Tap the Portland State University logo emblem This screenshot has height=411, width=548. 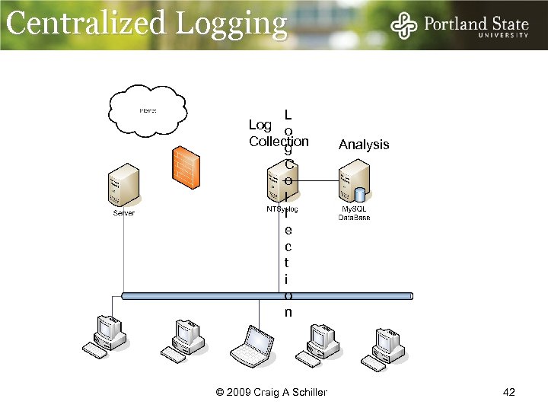pos(403,27)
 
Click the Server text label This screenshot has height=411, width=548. pos(123,214)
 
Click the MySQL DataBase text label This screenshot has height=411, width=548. pos(354,213)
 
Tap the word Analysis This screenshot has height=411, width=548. pos(364,145)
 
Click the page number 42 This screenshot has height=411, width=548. pos(509,392)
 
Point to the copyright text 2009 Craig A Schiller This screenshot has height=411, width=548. pos(272,392)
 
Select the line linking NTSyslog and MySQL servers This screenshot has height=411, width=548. pos(317,181)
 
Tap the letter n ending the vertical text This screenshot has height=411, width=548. pos(288,313)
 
